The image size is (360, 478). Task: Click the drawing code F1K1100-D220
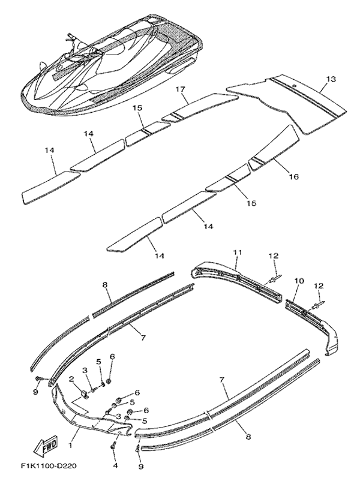[x=49, y=466]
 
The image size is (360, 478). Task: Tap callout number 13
[x=331, y=79]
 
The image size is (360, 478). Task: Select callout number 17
[x=181, y=89]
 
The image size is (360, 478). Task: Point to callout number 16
[x=294, y=176]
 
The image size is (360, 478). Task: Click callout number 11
[x=238, y=252]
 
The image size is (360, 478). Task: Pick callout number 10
[x=299, y=281]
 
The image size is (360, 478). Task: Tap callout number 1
[x=70, y=446]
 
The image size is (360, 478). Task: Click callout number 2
[x=71, y=380]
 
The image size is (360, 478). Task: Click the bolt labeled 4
[x=113, y=454]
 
